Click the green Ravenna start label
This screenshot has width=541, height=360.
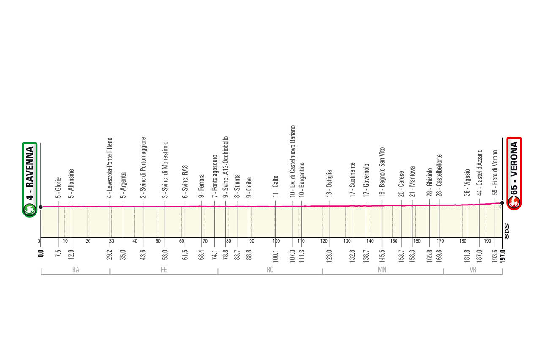tap(30, 180)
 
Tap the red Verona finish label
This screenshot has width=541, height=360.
tap(514, 173)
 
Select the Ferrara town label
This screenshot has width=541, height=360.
tap(202, 186)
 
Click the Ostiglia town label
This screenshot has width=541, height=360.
tap(329, 184)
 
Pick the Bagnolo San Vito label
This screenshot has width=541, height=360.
tap(382, 172)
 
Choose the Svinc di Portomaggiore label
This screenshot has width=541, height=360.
tap(143, 167)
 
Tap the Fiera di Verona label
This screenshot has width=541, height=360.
tap(495, 174)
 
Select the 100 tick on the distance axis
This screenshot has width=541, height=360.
tap(276, 241)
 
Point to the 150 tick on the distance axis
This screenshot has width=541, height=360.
tap(394, 241)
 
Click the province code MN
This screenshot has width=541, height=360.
tap(383, 269)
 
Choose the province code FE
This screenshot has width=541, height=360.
tap(164, 269)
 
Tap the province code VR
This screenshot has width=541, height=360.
tap(473, 269)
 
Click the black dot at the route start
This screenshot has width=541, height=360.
tap(41, 207)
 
